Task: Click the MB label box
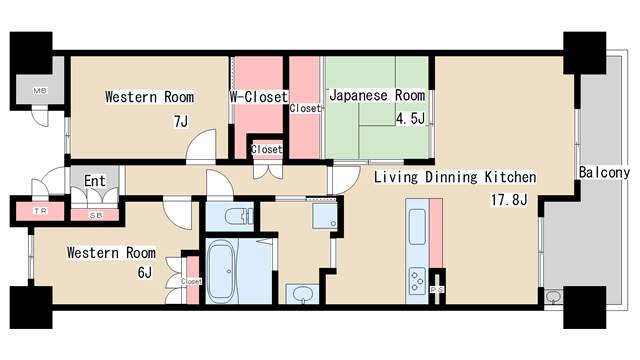point(41,92)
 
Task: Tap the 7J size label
point(180,121)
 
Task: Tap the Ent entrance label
point(95,181)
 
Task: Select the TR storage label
point(41,212)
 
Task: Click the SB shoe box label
point(95,214)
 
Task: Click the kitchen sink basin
point(416,223)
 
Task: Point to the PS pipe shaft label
point(436,290)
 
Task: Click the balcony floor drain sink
point(553,295)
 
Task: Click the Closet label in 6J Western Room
point(191,282)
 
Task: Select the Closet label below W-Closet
point(267,150)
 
